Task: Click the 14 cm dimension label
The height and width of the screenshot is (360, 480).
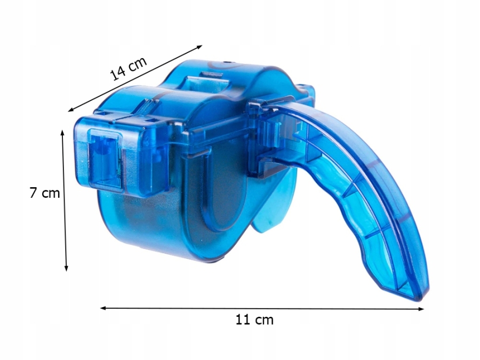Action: pyautogui.click(x=129, y=69)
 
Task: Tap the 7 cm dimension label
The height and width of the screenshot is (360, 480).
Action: pyautogui.click(x=45, y=193)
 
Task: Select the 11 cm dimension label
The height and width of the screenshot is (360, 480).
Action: pyautogui.click(x=254, y=319)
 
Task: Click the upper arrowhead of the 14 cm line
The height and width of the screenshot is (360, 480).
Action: pyautogui.click(x=199, y=47)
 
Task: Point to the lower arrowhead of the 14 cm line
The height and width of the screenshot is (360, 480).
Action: pyautogui.click(x=71, y=109)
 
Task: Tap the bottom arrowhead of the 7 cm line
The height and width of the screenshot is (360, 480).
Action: pyautogui.click(x=66, y=268)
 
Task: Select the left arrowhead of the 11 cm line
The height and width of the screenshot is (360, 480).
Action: pyautogui.click(x=103, y=308)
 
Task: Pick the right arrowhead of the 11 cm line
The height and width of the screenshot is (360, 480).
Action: pyautogui.click(x=421, y=309)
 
